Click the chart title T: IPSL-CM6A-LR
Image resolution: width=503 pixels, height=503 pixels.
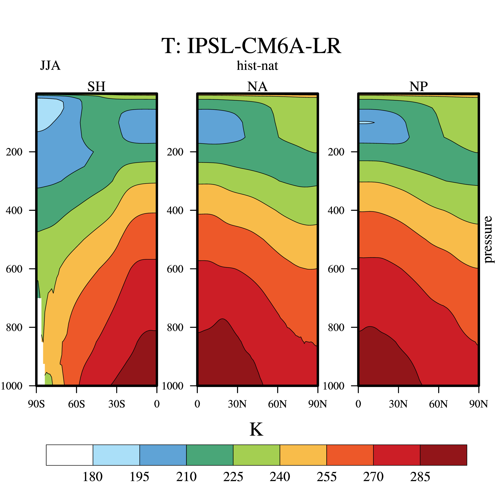[251, 46]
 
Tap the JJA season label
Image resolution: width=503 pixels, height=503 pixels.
[50, 66]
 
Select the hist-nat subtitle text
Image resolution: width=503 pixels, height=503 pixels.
[257, 66]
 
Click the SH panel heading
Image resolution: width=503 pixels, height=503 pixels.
[96, 86]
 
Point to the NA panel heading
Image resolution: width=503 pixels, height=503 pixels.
[257, 86]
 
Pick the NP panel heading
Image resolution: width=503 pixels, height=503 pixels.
[418, 86]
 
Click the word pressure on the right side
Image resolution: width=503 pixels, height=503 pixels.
[488, 239]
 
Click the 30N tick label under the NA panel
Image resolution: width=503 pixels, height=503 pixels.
[237, 404]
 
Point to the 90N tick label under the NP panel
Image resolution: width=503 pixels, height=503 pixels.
[478, 404]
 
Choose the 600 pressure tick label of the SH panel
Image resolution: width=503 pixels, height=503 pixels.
[14, 269]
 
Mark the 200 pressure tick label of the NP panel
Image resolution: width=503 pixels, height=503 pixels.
[336, 152]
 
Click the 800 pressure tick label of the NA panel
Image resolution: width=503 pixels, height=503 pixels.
[176, 327]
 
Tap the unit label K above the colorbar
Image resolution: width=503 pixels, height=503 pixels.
[256, 429]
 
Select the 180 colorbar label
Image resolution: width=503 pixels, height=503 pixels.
[93, 477]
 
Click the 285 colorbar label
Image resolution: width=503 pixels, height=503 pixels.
[420, 477]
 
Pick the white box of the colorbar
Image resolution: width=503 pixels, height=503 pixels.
[70, 455]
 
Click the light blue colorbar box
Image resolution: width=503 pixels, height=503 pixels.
[116, 455]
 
